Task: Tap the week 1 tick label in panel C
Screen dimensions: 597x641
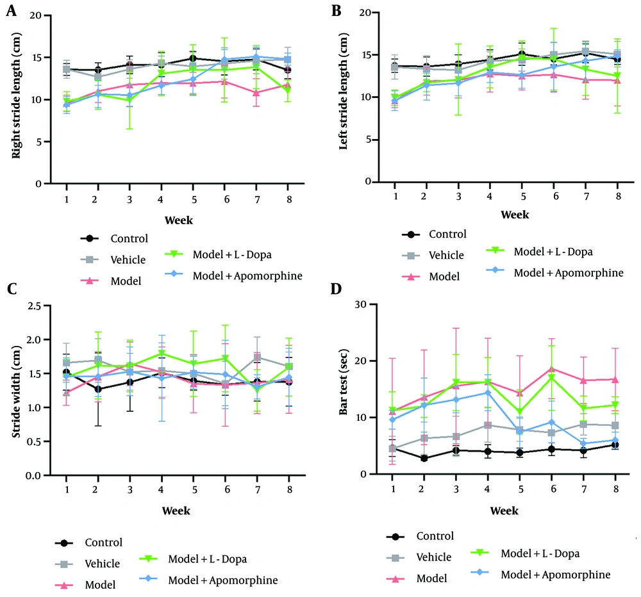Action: (x=67, y=489)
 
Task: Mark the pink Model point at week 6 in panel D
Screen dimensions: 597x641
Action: (x=552, y=369)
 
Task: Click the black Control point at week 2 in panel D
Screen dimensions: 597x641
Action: (x=424, y=458)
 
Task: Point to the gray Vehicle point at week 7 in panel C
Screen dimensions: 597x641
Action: (x=257, y=357)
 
